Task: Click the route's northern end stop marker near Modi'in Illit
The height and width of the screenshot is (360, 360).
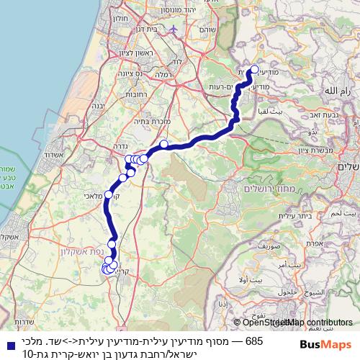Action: [x=253, y=70]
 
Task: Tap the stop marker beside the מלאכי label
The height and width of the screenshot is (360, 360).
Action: [x=109, y=194]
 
